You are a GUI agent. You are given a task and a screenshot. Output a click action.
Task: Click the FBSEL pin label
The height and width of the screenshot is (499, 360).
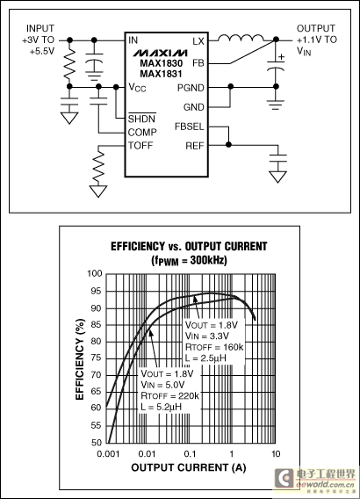pyautogui.click(x=190, y=127)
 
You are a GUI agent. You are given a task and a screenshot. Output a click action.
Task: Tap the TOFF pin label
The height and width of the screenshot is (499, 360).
pyautogui.click(x=140, y=146)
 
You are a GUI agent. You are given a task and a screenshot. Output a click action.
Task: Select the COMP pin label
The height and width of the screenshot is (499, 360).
pyautogui.click(x=142, y=132)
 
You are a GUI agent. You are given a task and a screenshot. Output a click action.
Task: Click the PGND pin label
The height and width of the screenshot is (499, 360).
pyautogui.click(x=191, y=88)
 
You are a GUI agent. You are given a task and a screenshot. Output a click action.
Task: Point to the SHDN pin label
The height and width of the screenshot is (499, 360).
pyautogui.click(x=142, y=119)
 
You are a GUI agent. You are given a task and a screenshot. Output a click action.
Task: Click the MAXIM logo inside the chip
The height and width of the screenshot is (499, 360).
pyautogui.click(x=160, y=53)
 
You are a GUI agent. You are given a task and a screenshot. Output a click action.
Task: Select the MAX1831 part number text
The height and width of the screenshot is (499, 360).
pyautogui.click(x=162, y=74)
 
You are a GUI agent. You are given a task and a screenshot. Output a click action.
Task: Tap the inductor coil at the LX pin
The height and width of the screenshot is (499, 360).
pyautogui.click(x=241, y=38)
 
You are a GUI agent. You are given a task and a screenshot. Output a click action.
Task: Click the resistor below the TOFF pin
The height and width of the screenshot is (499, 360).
pyautogui.click(x=98, y=167)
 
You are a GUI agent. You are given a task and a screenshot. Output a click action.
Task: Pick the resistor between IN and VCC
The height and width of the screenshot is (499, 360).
pyautogui.click(x=69, y=63)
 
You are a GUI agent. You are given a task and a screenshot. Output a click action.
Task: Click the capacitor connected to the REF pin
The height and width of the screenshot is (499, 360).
pyautogui.click(x=278, y=158)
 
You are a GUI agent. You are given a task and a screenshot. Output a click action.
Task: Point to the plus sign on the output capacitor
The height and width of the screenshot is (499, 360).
pyautogui.click(x=281, y=57)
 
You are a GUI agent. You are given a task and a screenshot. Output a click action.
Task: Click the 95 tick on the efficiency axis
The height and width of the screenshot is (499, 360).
pyautogui.click(x=96, y=291)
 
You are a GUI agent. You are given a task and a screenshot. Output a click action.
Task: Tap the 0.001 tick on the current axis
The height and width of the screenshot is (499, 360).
pyautogui.click(x=108, y=453)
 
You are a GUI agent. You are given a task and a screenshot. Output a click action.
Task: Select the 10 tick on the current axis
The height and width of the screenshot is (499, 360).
pyautogui.click(x=276, y=453)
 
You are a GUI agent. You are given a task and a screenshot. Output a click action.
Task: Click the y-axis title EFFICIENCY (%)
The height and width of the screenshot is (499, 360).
pyautogui.click(x=80, y=359)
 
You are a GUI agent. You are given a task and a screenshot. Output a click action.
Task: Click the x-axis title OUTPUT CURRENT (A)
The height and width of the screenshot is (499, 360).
pyautogui.click(x=189, y=467)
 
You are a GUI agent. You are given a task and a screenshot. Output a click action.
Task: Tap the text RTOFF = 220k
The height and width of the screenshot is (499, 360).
pyautogui.click(x=169, y=395)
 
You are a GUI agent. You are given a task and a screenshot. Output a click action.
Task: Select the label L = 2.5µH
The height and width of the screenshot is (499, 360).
pyautogui.click(x=205, y=358)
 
